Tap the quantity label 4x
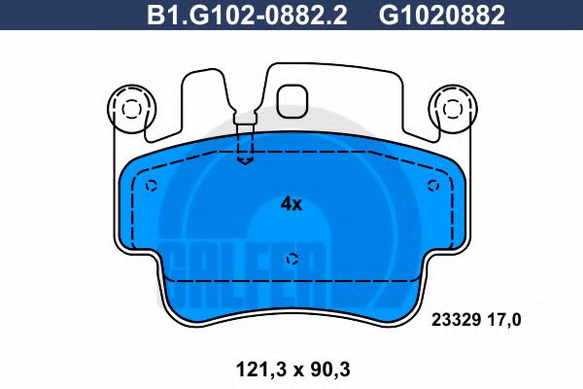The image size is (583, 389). (x=291, y=204)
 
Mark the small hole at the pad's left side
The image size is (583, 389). (x=150, y=187)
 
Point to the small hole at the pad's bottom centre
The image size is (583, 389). (x=292, y=259)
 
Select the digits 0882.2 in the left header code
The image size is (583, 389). (x=287, y=15)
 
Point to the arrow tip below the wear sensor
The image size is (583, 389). (x=246, y=162)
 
